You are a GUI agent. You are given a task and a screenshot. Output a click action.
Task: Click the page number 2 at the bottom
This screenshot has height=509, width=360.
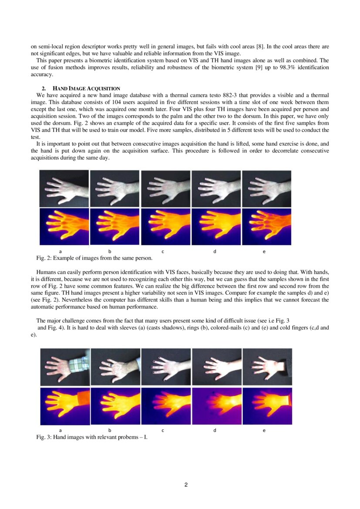(186, 485)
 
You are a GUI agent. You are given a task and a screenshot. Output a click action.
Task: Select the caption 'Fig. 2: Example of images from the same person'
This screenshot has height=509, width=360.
(94, 258)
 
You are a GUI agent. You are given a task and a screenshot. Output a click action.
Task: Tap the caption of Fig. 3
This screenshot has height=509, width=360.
(92, 437)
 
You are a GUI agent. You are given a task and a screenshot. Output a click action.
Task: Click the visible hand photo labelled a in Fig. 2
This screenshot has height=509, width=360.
(64, 189)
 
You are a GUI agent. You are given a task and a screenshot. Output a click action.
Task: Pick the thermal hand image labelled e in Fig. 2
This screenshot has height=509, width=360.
(266, 226)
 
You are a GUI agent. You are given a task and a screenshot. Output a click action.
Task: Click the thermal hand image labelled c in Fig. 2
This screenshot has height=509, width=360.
(165, 226)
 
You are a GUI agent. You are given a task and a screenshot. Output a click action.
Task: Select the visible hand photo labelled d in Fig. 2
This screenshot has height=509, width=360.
(216, 189)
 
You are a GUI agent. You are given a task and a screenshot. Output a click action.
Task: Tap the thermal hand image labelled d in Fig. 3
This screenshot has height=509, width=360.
(216, 406)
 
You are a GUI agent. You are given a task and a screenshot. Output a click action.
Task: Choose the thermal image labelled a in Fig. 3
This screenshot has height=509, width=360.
(64, 406)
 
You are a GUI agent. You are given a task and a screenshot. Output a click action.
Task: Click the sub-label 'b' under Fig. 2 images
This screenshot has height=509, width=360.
(110, 251)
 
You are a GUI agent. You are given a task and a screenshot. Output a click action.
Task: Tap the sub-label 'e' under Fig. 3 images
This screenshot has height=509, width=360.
(264, 430)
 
